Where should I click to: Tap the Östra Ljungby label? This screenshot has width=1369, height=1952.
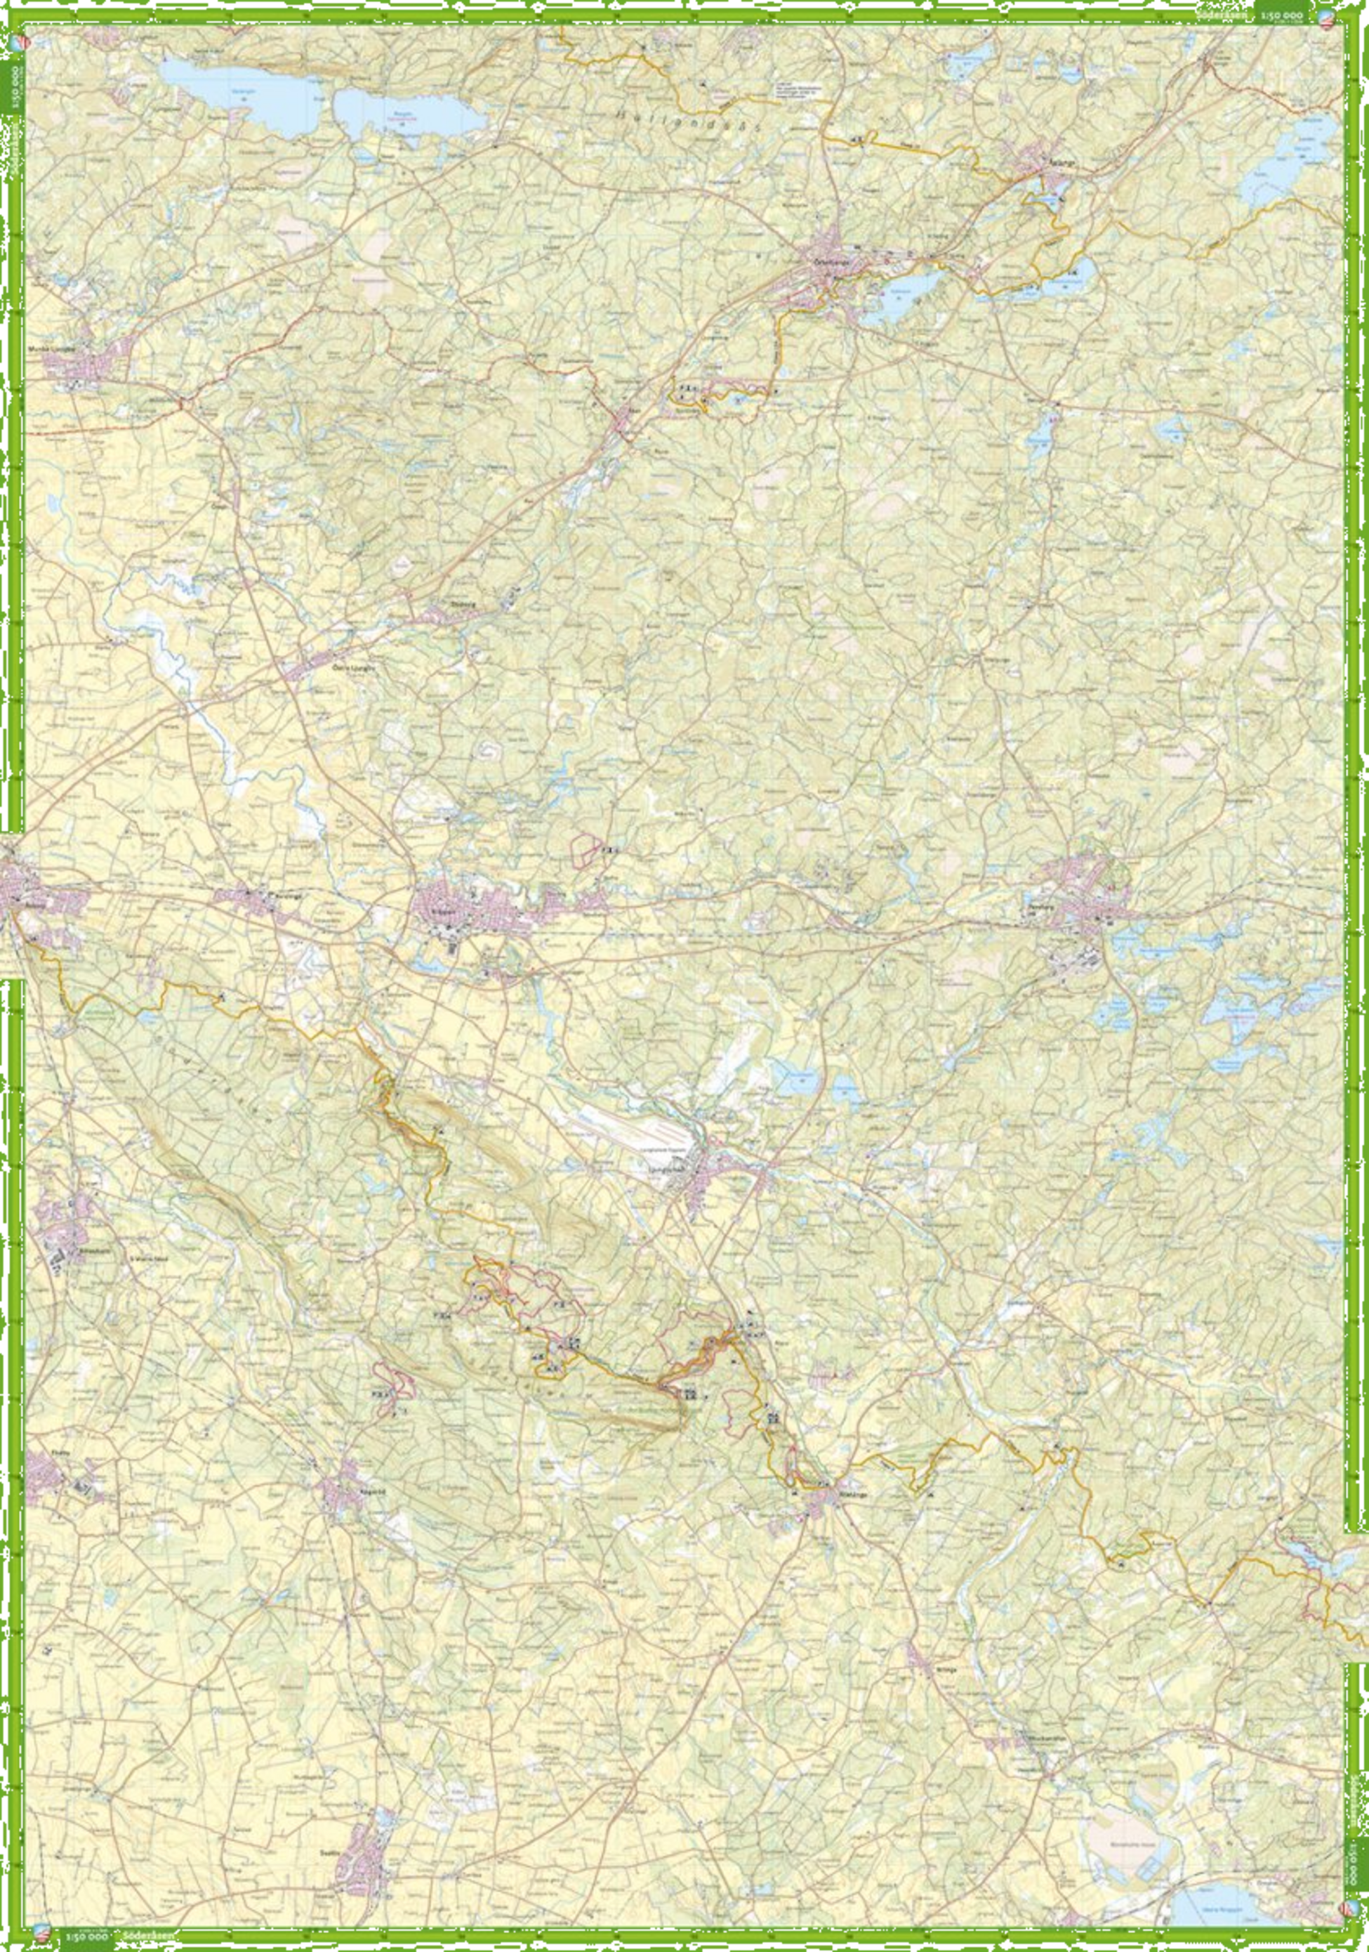pyautogui.click(x=352, y=667)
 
